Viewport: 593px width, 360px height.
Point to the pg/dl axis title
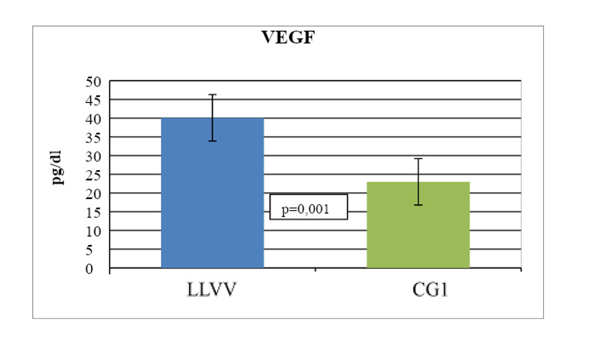58,167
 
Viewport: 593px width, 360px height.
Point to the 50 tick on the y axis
93,81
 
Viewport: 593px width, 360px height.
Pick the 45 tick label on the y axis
93,100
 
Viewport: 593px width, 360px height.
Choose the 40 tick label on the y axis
93,119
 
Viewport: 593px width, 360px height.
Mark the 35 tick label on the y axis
93,137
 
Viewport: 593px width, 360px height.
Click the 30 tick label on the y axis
93,156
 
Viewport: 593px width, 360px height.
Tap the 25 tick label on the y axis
93,175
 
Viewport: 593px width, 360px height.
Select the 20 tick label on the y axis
93,193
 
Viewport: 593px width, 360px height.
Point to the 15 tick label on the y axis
93,212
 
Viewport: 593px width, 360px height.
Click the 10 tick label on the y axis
93,231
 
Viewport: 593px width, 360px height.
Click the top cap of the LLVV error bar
213,94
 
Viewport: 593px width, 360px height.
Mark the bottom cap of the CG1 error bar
418,205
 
